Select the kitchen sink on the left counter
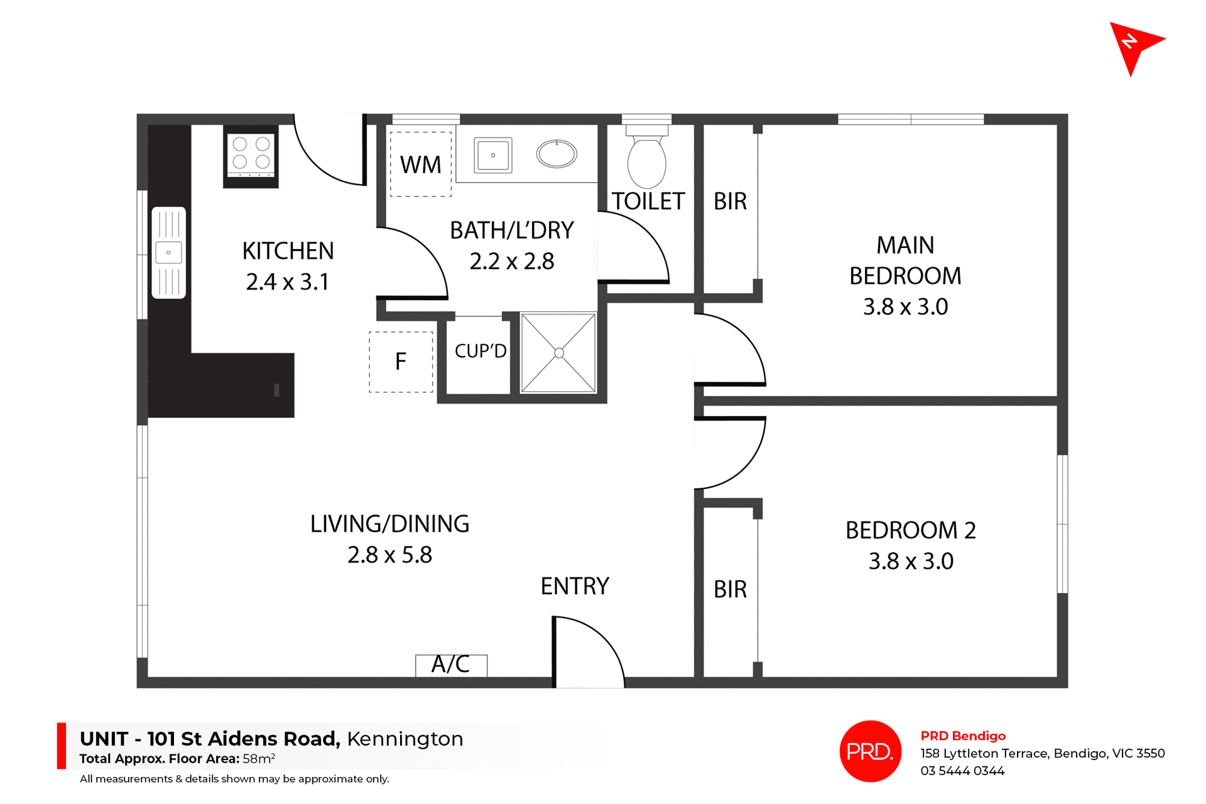coord(168,252)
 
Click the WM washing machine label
coord(420,165)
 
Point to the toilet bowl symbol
coord(646,162)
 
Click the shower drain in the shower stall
coord(558,353)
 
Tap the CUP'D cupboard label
coord(481,351)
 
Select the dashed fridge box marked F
coord(401,362)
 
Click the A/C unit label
coord(450,665)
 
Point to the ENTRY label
coord(575,586)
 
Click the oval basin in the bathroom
coord(557,154)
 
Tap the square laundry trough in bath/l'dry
coord(493,155)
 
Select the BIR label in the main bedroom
coord(730,201)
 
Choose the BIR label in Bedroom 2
coord(730,589)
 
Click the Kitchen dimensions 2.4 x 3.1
coord(288,282)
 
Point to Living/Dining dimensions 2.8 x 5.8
coord(389,555)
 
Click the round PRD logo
coord(870,751)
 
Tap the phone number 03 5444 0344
coord(962,771)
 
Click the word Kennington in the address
coord(405,739)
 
